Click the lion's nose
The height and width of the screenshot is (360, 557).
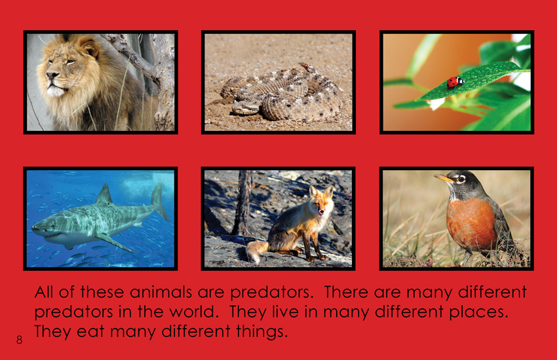pos(52,75)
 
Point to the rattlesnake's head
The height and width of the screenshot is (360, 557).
pos(245,107)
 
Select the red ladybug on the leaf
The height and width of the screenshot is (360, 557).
pos(455,82)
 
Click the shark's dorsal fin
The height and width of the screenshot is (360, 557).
pos(104,194)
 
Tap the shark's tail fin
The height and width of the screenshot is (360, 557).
pos(159,200)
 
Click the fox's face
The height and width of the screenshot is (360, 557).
pos(321,202)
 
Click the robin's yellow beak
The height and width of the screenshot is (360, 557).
pos(443,178)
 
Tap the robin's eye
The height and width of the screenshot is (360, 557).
pos(461,179)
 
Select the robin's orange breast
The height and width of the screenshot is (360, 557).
pos(470,223)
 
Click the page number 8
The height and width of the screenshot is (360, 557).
pos(19,340)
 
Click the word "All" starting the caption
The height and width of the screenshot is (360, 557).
pos(45,293)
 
